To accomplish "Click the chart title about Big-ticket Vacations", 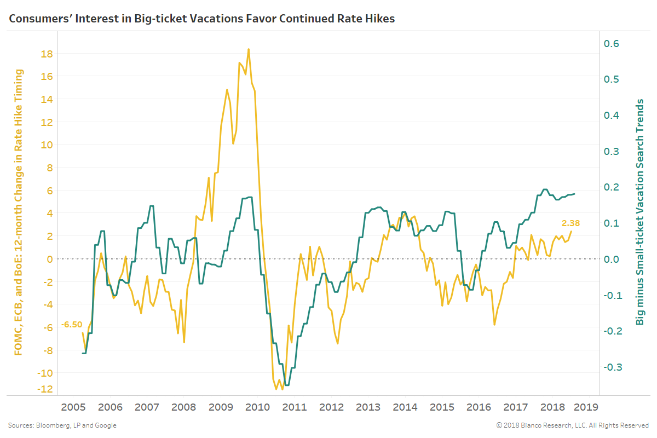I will click(201, 19).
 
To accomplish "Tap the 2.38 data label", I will click(570, 223).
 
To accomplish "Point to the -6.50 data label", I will click(71, 324).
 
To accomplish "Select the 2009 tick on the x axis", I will click(221, 407).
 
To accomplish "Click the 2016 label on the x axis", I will click(479, 407).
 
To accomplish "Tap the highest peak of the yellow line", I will click(249, 49).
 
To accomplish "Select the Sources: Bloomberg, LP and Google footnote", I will click(62, 425).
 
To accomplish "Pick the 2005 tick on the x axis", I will click(73, 407).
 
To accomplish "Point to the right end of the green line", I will click(574, 194).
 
